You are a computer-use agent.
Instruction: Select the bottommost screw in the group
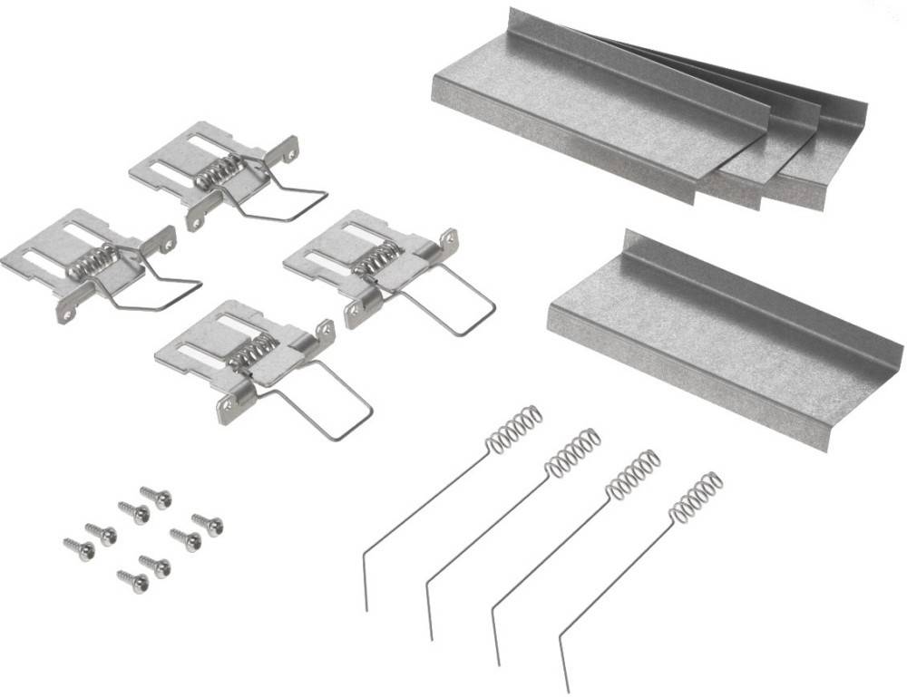[133, 581]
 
